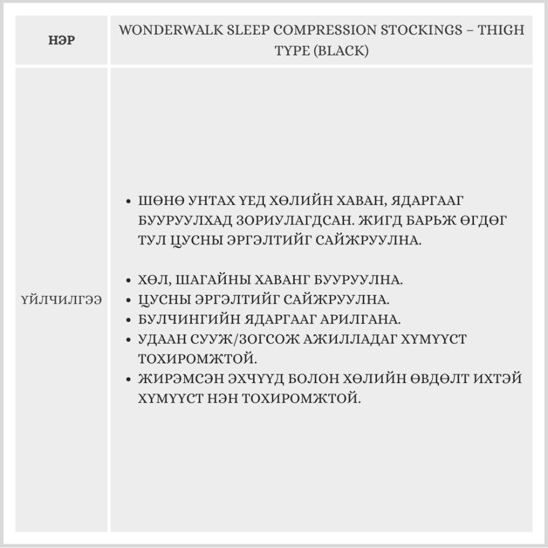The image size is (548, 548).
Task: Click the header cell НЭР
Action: pyautogui.click(x=61, y=41)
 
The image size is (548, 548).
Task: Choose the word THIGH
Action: pyautogui.click(x=501, y=30)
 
